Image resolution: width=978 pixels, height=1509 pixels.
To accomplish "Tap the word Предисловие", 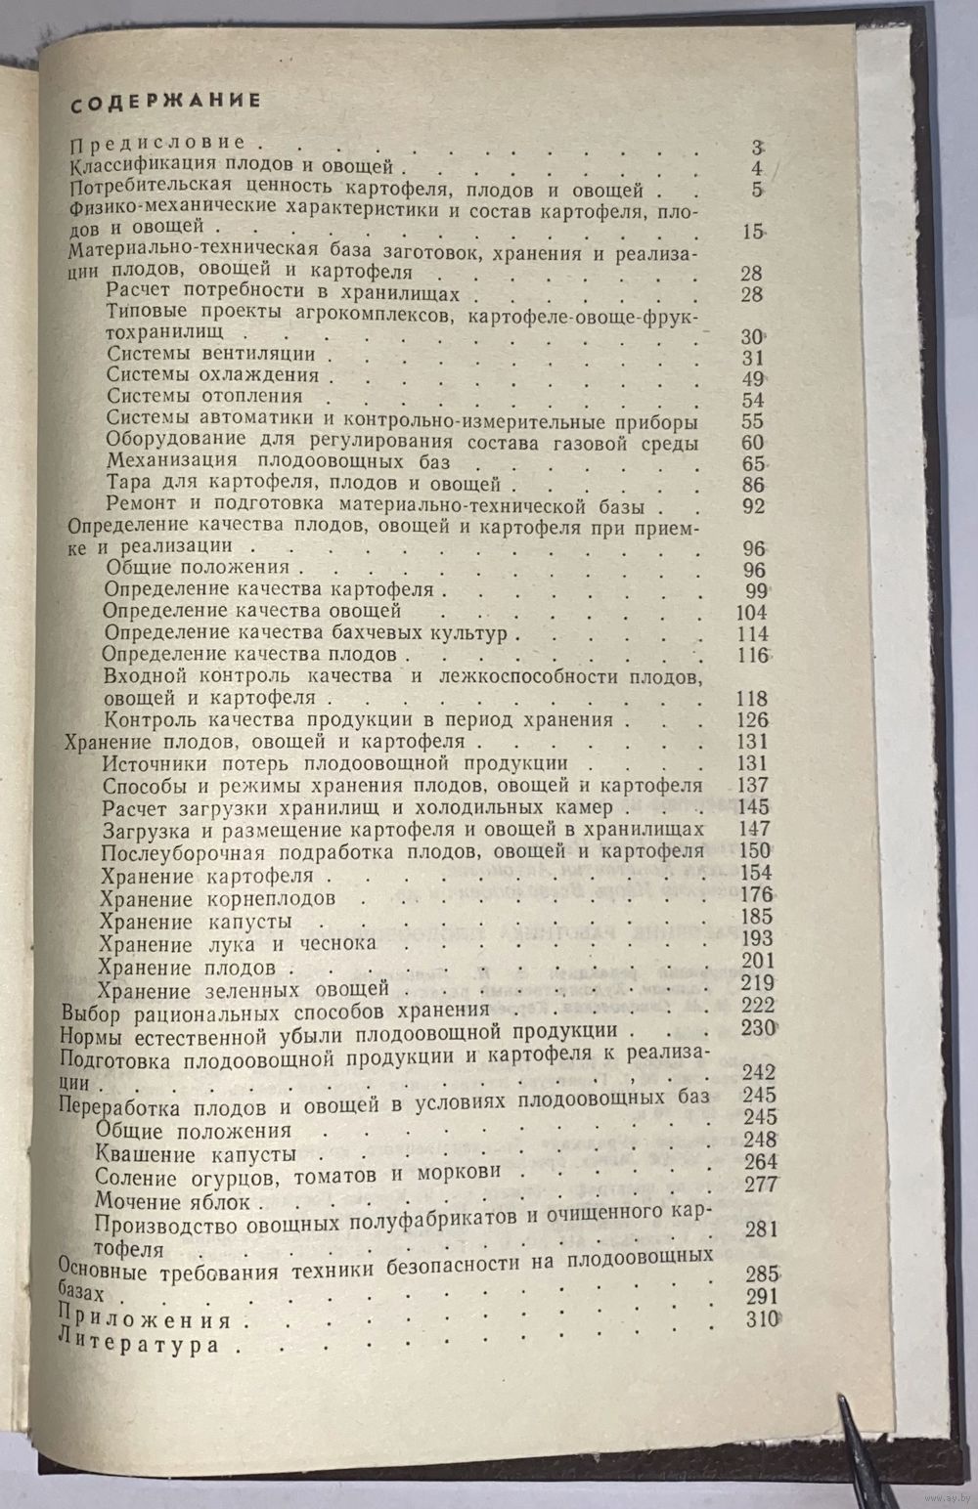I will tap(161, 143).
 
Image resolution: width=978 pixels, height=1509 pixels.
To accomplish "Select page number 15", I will tap(752, 233).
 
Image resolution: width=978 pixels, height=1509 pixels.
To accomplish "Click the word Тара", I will tap(129, 484).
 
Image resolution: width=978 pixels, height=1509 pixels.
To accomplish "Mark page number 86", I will tap(752, 486).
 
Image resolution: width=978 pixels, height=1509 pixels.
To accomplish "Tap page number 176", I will tap(756, 894).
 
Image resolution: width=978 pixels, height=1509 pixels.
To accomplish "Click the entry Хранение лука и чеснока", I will tap(238, 944).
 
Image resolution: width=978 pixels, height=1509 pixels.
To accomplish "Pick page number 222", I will tap(758, 1006).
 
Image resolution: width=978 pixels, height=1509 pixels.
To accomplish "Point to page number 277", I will tap(759, 1184).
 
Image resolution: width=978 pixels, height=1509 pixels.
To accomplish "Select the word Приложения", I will tap(146, 1320).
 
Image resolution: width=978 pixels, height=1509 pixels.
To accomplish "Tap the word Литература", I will tap(140, 1345).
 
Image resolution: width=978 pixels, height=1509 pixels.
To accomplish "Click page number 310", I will tap(760, 1319).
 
